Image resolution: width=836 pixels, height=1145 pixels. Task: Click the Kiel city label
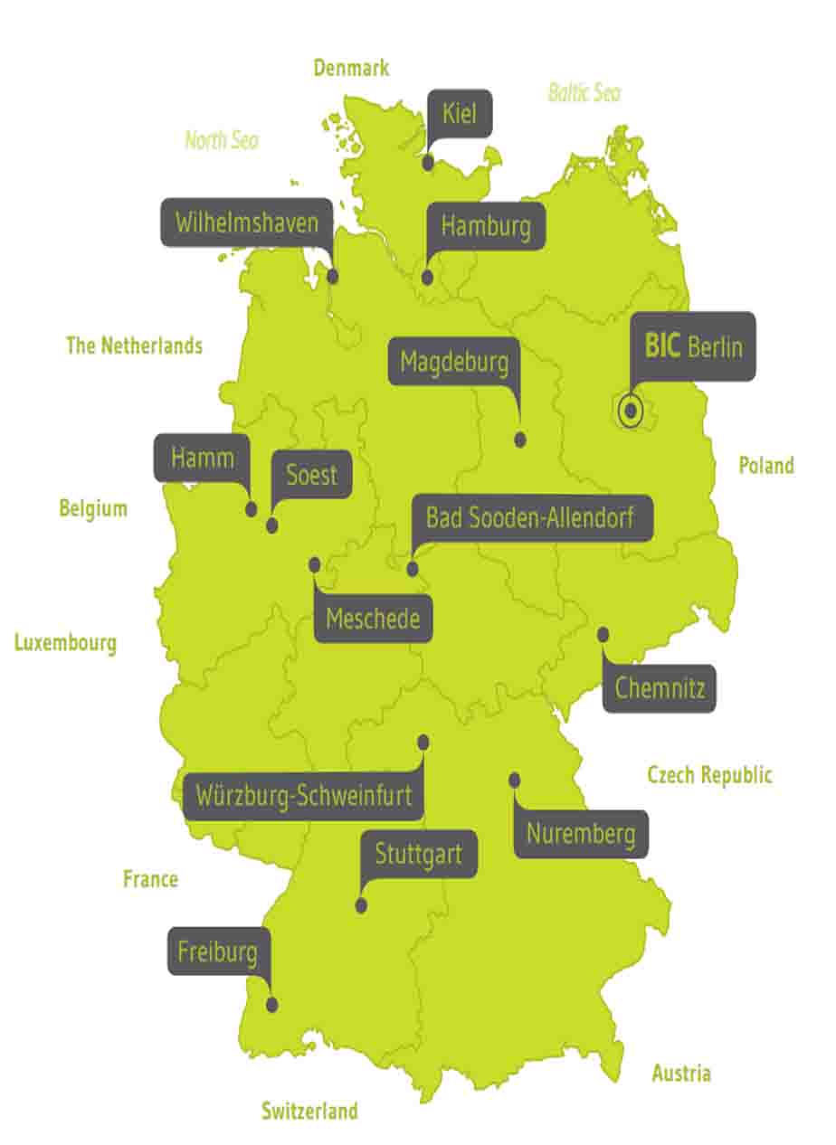pyautogui.click(x=460, y=114)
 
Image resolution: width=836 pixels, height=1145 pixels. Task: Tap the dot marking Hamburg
pyautogui.click(x=428, y=279)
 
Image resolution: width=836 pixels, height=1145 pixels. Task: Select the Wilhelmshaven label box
pyautogui.click(x=247, y=222)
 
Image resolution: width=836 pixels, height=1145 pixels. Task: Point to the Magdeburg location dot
pyautogui.click(x=520, y=440)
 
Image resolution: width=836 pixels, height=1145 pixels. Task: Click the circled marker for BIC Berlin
pyautogui.click(x=631, y=412)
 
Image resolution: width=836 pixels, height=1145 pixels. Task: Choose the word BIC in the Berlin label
pyautogui.click(x=661, y=345)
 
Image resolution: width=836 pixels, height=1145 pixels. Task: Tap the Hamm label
pyautogui.click(x=203, y=458)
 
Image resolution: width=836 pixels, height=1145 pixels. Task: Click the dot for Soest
pyautogui.click(x=272, y=525)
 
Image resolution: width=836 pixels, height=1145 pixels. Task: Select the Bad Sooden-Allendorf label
pyautogui.click(x=529, y=518)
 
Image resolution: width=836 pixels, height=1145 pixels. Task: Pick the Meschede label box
pyautogui.click(x=373, y=620)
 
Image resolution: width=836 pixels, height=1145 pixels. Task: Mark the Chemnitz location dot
pyautogui.click(x=603, y=635)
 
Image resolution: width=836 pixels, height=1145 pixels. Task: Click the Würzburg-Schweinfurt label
pyautogui.click(x=304, y=797)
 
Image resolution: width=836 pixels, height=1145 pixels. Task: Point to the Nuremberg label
pyautogui.click(x=581, y=834)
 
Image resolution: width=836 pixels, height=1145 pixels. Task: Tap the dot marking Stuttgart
pyautogui.click(x=362, y=905)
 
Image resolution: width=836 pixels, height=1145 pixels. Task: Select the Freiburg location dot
pyautogui.click(x=272, y=1004)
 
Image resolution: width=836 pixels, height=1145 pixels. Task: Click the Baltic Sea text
pyautogui.click(x=584, y=92)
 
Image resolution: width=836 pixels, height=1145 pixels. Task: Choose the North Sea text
pyautogui.click(x=222, y=140)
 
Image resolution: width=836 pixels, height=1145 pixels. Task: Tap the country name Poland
pyautogui.click(x=766, y=466)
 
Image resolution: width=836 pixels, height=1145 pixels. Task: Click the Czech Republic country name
pyautogui.click(x=709, y=775)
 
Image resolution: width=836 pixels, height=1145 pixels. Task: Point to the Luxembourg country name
pyautogui.click(x=65, y=643)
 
